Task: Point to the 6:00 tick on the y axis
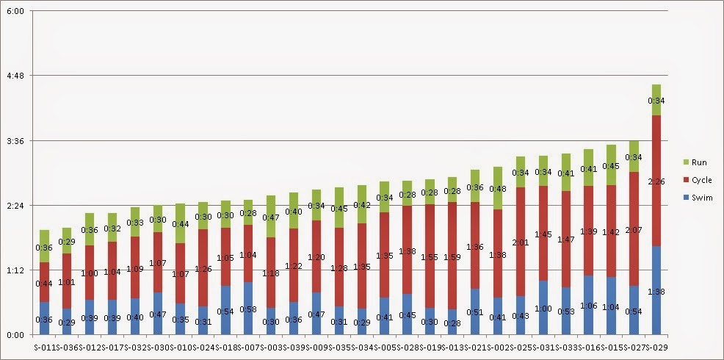(x=15, y=12)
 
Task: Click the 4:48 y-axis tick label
(x=15, y=76)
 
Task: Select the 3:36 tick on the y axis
(x=15, y=141)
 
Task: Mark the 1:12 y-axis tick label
(x=15, y=270)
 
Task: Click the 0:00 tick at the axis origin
(x=15, y=335)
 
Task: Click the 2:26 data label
(x=656, y=181)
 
